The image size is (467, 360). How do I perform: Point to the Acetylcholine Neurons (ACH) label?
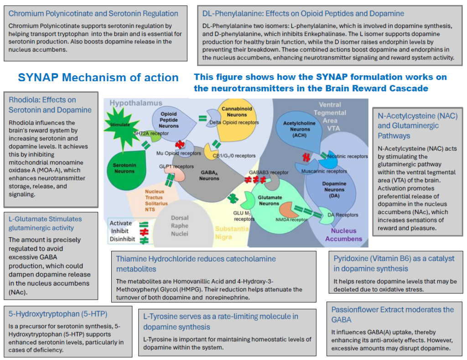[x=299, y=129]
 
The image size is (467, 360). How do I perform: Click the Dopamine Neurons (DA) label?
[x=334, y=189]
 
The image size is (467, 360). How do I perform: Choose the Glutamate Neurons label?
[x=270, y=200]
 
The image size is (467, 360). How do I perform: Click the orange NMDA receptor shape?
[x=287, y=210]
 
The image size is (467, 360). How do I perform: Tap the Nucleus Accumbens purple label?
[x=343, y=235]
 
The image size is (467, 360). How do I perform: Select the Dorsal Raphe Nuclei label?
[x=180, y=225]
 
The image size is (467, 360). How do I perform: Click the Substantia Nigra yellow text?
[x=232, y=233]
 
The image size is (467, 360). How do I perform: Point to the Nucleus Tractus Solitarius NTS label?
[x=156, y=200]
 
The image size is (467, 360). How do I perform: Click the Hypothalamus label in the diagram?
[x=136, y=103]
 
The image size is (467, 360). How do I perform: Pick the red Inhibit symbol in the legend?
[x=144, y=231]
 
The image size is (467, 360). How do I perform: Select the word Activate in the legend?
[x=120, y=223]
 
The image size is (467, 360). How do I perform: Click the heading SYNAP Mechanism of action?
[x=99, y=77]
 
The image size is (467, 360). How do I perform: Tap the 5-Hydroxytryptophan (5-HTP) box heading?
[x=58, y=314]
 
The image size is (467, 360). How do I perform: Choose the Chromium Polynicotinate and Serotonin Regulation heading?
[x=93, y=13]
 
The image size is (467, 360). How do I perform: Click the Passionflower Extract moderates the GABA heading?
[x=393, y=314]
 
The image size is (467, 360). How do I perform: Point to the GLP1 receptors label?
[x=176, y=166]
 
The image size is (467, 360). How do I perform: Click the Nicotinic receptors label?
[x=347, y=156]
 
